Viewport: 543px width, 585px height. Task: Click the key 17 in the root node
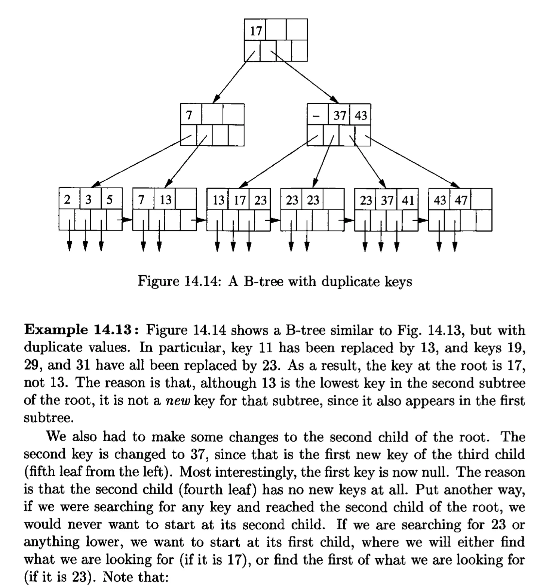click(x=256, y=31)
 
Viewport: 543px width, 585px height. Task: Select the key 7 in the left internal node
click(x=189, y=115)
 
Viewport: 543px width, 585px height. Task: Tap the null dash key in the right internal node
click(x=316, y=116)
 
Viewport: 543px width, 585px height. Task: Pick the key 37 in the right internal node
click(x=340, y=115)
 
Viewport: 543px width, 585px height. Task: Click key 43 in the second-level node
click(x=361, y=115)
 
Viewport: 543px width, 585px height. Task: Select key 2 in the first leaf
click(x=67, y=200)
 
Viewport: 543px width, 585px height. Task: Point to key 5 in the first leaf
click(x=109, y=200)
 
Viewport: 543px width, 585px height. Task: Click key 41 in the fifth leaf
click(x=408, y=201)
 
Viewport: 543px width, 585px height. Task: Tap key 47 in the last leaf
click(x=461, y=201)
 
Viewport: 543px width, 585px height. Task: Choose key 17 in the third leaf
click(x=239, y=201)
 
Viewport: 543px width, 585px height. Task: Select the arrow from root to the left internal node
click(x=234, y=77)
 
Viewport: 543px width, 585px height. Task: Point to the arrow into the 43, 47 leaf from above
click(x=411, y=162)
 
